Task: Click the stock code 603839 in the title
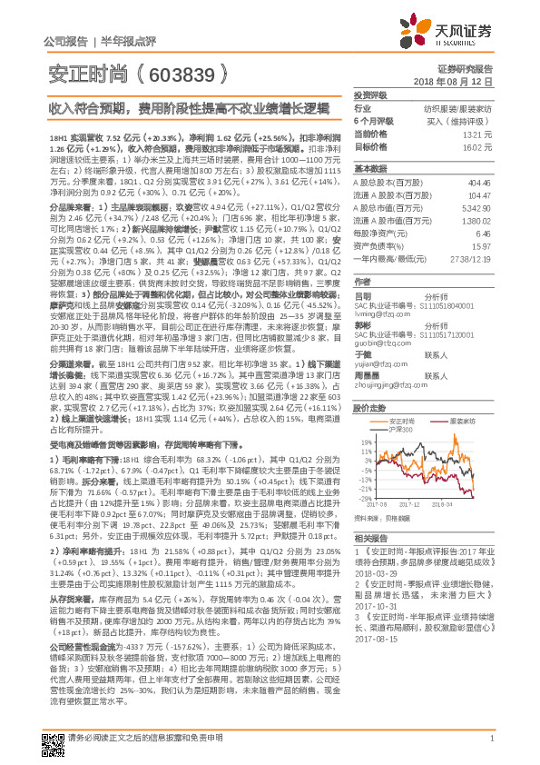point(181,74)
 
